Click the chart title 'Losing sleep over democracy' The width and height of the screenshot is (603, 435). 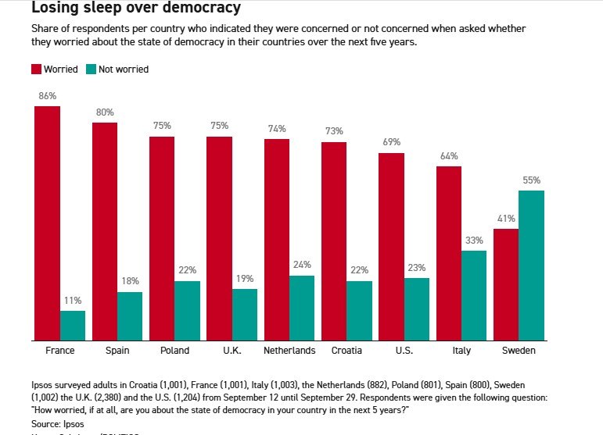coord(136,9)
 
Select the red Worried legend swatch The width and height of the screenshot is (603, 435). coord(37,69)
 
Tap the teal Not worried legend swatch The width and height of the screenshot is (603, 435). coord(92,69)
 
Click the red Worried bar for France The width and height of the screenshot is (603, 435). coord(47,223)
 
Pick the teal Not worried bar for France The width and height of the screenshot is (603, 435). coord(73,325)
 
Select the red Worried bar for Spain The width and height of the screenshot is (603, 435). coord(105,231)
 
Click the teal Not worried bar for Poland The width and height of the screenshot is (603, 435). coord(188,310)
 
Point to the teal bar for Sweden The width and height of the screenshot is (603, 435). coord(531,266)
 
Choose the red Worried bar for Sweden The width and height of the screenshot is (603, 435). coord(506,284)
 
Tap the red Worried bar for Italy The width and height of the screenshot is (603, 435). coord(449,253)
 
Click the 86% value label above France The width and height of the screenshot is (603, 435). coord(47,96)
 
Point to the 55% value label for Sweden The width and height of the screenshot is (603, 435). coord(532,180)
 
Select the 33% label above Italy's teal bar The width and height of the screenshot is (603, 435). coord(474,241)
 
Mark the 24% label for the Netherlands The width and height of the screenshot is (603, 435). coord(302,265)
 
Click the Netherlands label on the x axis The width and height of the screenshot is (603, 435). coord(289,351)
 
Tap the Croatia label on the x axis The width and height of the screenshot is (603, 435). coord(346,351)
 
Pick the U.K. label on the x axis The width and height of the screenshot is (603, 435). coord(232,351)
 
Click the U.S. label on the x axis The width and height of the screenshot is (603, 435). coord(404,351)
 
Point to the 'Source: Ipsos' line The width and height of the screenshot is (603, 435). coord(57,422)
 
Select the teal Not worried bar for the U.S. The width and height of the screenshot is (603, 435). coord(417,308)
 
